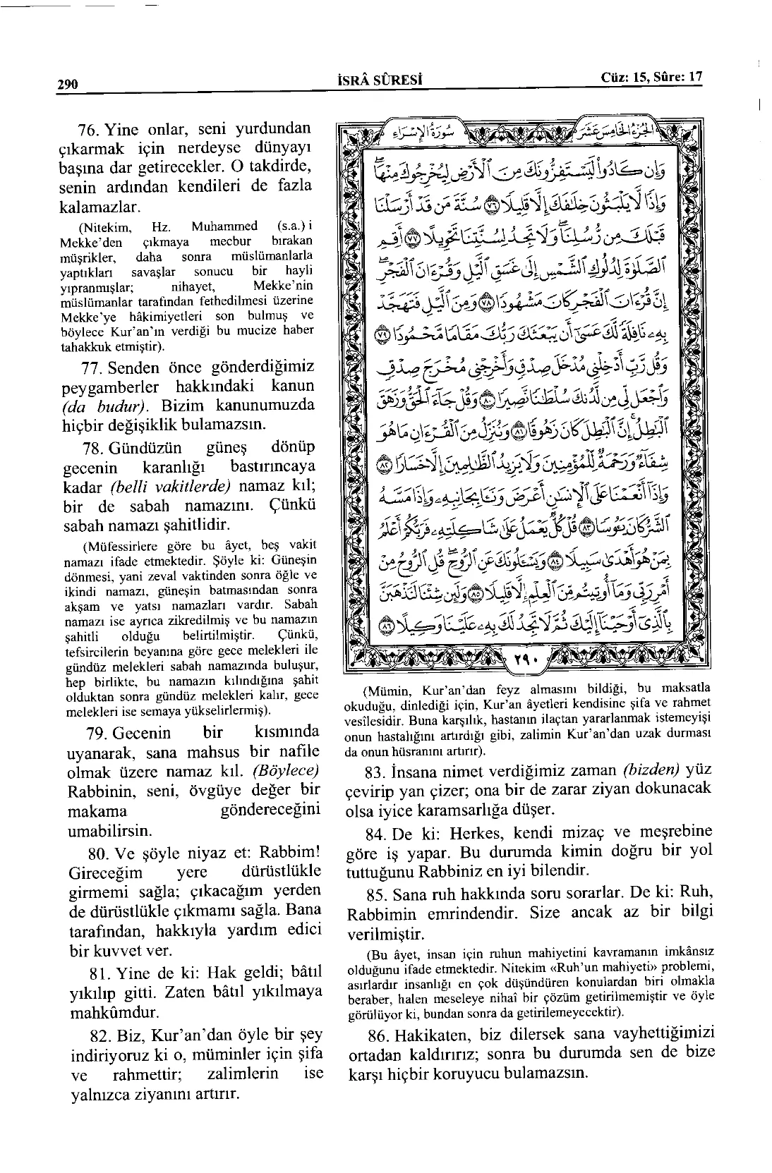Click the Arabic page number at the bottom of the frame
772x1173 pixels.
coord(524,659)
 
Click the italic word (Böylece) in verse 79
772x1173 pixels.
coord(289,770)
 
